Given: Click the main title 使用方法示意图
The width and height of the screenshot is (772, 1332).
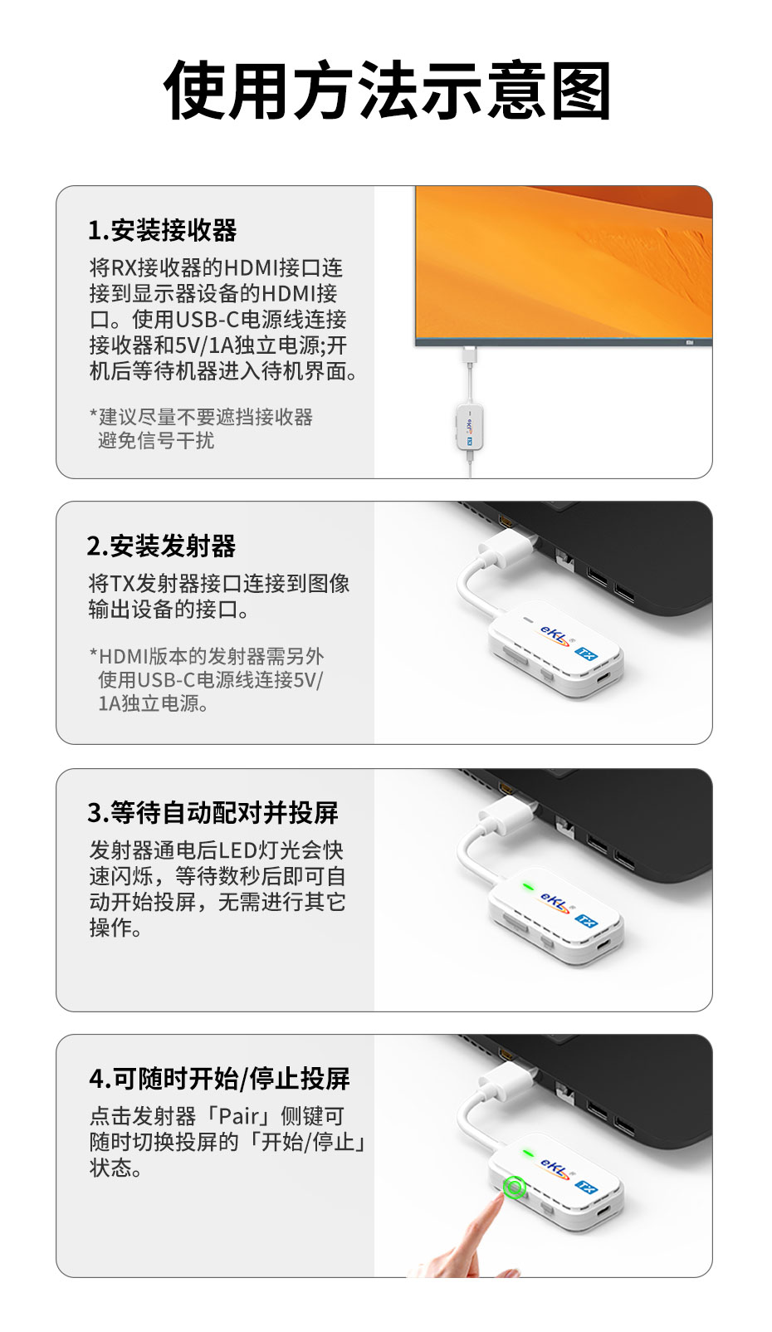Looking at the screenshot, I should coord(387,91).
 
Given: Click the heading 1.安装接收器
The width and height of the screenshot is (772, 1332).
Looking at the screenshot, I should coord(163,230).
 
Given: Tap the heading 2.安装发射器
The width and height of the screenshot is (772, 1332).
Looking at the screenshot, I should coord(162,546).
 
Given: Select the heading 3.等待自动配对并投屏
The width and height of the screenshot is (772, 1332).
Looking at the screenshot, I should coord(213,812).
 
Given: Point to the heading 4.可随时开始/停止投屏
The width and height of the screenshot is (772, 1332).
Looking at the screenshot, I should coord(220,1078).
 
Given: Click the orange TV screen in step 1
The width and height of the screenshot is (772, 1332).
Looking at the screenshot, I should coord(563,261).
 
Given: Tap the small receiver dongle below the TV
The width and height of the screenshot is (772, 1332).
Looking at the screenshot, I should coord(470,427).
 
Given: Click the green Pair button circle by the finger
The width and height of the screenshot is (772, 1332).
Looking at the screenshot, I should coord(515,1188).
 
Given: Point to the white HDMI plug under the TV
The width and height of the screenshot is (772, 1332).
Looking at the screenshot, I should coord(470,355).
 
